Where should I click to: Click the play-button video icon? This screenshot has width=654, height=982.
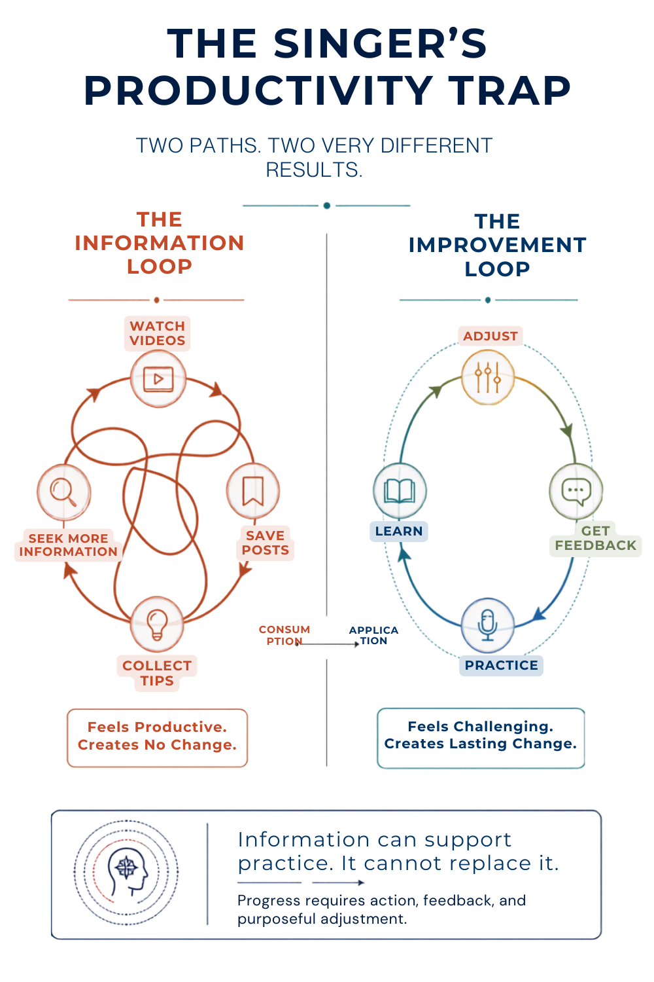point(158,379)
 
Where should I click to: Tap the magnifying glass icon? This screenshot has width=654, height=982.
point(63,492)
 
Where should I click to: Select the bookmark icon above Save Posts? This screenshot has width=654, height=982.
point(252,490)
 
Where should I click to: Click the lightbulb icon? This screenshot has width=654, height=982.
point(157,625)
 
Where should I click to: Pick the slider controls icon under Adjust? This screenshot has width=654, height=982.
point(487,377)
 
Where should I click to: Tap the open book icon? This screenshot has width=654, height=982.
point(399,490)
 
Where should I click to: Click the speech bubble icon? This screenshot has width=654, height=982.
point(576,492)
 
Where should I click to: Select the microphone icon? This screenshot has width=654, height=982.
point(487,625)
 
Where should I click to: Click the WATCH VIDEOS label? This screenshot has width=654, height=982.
point(157,333)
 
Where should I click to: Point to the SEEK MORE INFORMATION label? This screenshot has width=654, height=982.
point(68,545)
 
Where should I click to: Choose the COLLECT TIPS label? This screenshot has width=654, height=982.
point(157,673)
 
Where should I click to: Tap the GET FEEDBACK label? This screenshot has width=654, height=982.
point(595,538)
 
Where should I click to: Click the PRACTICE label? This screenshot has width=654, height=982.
point(501,665)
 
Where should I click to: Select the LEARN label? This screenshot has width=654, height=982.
point(399,531)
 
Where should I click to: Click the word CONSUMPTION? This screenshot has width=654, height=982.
point(284,635)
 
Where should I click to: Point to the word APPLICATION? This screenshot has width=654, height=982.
point(373,636)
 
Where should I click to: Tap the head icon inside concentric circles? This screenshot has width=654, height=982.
point(126,873)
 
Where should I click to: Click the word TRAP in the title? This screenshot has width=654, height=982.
point(511,90)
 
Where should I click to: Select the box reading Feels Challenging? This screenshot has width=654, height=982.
point(481,738)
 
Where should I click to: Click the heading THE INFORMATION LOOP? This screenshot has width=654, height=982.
point(159,243)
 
